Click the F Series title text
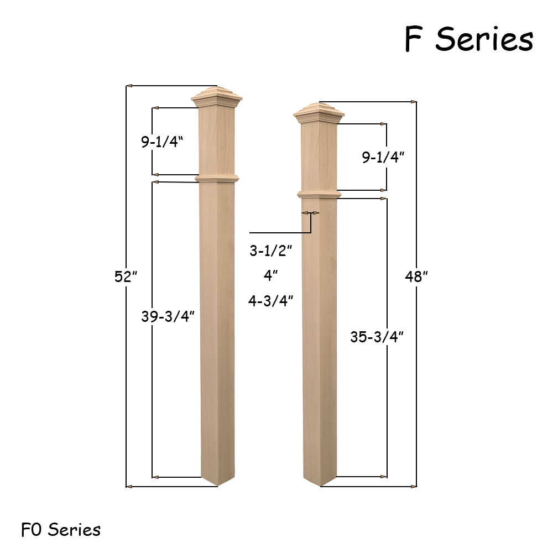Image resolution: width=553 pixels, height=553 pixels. click(469, 39)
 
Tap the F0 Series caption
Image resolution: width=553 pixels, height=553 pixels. click(61, 529)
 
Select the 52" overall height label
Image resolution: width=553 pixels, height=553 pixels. click(126, 276)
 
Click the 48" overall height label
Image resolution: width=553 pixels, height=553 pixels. click(416, 276)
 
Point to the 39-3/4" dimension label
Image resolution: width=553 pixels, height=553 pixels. click(168, 316)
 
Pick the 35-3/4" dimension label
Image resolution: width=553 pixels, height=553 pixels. click(377, 337)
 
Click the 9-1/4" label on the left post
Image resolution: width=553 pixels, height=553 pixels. click(162, 142)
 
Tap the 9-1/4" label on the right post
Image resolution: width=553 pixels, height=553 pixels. click(383, 157)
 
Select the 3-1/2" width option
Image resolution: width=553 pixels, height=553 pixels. click(271, 251)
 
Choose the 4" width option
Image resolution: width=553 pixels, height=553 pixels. click(270, 275)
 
